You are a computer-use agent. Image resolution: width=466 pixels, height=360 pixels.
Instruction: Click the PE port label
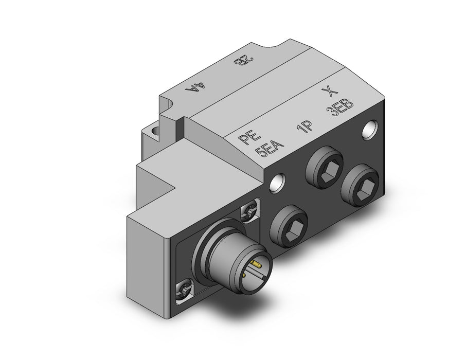[250, 137]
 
